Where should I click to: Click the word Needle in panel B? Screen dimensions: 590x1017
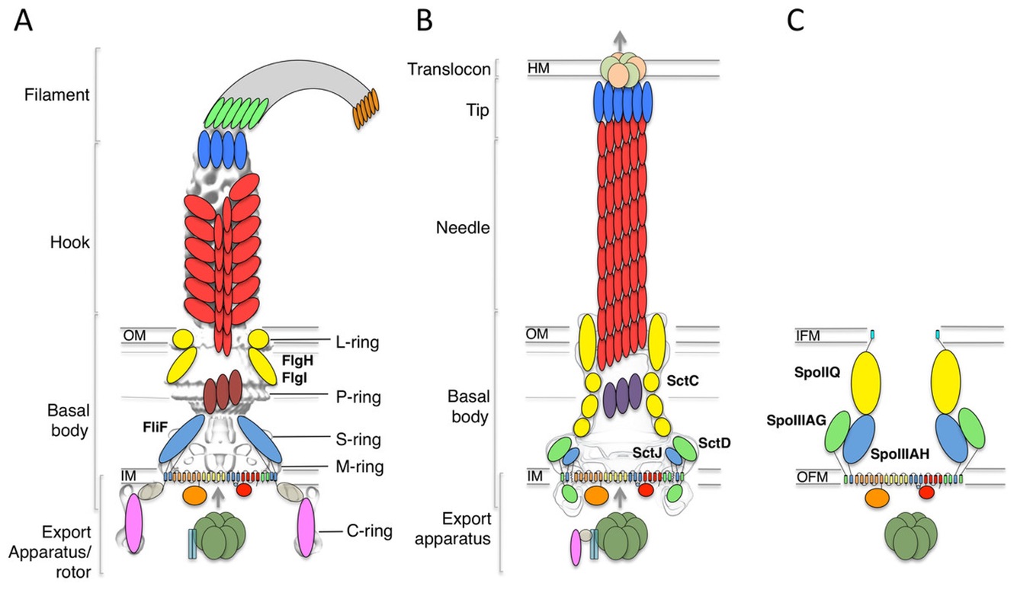tap(461, 226)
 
